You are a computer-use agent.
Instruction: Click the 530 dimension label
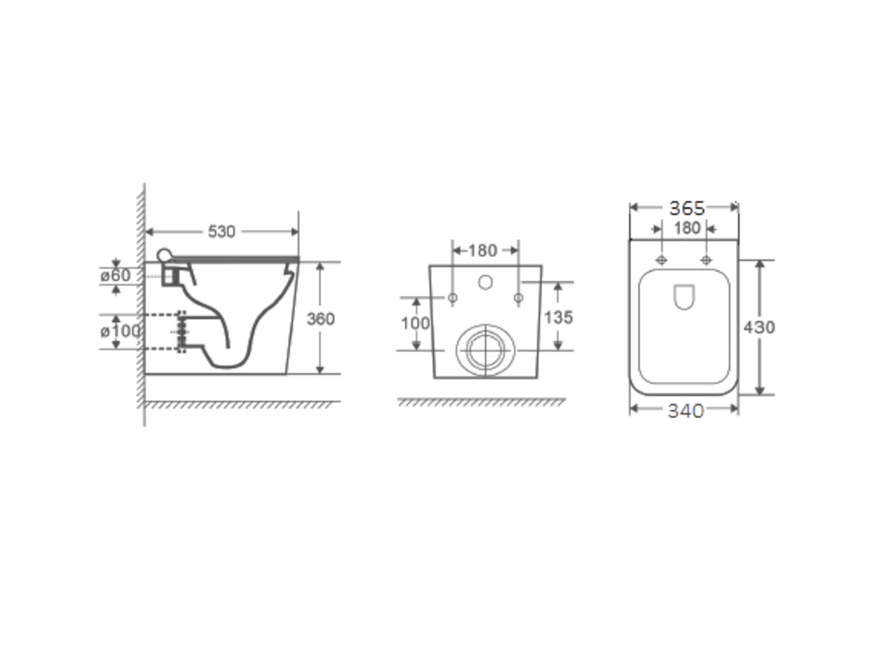tap(221, 232)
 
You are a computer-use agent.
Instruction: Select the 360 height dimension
tap(320, 319)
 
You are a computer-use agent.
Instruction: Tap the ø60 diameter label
tap(115, 276)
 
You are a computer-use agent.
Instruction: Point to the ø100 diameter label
tap(120, 331)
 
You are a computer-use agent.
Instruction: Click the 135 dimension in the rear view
tap(558, 317)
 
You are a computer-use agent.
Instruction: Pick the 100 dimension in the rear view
tap(415, 323)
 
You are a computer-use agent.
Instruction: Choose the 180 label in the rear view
tap(483, 251)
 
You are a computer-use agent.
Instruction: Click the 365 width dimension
tap(687, 208)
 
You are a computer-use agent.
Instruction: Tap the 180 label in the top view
tap(687, 228)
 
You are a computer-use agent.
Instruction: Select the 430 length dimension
tap(759, 328)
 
